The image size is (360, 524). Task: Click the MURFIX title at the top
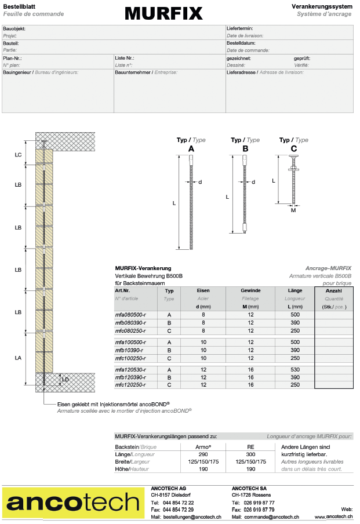[x=163, y=13]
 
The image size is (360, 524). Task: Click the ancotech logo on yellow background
[x=72, y=503]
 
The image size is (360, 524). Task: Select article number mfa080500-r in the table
[x=130, y=314]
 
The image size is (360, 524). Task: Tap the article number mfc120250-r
[x=130, y=384]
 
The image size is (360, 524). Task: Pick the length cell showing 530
[x=294, y=369]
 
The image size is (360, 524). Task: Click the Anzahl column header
[x=334, y=290]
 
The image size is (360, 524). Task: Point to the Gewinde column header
[x=250, y=290]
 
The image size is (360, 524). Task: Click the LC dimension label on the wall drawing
[x=19, y=155]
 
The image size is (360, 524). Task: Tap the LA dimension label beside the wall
[x=19, y=358]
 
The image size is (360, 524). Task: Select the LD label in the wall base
[x=65, y=380]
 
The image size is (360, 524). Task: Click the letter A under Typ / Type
[x=191, y=149]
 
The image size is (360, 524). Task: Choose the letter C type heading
[x=293, y=149]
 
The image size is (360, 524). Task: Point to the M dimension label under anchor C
[x=293, y=210]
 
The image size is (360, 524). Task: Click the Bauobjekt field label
[x=14, y=28]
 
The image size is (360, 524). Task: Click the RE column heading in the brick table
[x=250, y=447]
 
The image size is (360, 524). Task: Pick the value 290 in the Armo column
[x=203, y=454]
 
